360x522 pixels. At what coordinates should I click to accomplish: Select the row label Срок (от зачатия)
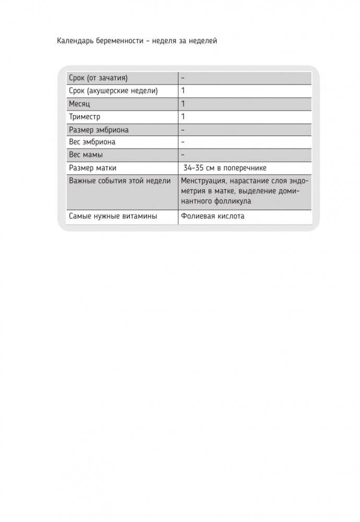coord(98,78)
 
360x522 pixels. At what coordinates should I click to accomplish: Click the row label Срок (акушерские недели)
coord(113,91)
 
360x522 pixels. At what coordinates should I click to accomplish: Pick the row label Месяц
coord(79,104)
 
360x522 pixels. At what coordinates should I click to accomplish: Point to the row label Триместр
coord(84,116)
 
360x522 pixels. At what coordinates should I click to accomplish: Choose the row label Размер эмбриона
coord(99,129)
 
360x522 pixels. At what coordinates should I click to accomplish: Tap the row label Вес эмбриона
coord(92,142)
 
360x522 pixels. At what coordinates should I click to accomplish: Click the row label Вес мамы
coord(86,155)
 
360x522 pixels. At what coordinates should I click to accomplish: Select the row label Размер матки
coord(92,168)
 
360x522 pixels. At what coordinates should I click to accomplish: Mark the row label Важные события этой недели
coord(119,181)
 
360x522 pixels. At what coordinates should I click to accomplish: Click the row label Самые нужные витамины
coord(113,216)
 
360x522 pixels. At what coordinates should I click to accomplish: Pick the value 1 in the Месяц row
coord(183,104)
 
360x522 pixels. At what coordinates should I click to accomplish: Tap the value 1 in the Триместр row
coord(183,116)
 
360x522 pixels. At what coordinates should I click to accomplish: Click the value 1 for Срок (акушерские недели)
coord(183,91)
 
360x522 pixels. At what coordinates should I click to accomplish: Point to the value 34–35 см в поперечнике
coord(225,168)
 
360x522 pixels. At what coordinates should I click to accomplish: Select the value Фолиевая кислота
coord(212,216)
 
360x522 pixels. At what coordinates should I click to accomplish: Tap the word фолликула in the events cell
coord(233,201)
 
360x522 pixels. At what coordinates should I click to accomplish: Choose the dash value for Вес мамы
coord(183,155)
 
